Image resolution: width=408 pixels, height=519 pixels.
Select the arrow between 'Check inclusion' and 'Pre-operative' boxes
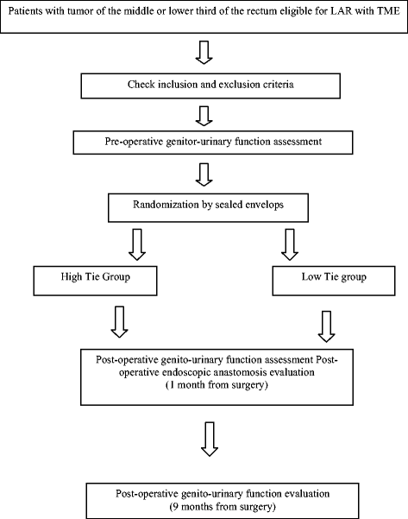coord(204,115)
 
